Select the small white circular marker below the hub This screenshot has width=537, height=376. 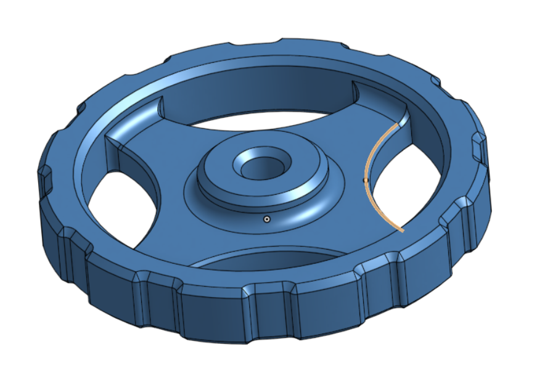266,219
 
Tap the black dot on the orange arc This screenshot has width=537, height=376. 366,180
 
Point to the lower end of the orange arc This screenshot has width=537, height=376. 402,231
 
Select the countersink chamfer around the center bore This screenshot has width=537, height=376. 247,159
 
